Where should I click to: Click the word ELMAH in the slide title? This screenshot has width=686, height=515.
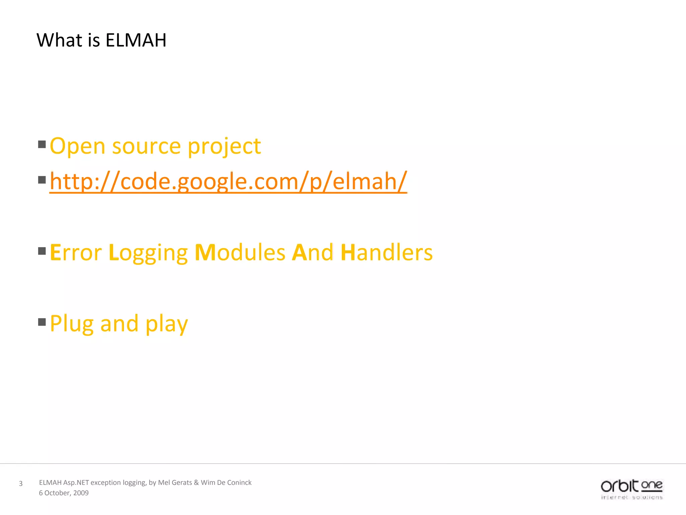(x=136, y=40)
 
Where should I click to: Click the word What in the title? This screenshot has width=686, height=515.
(x=59, y=40)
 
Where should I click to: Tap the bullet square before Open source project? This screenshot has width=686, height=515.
(x=42, y=145)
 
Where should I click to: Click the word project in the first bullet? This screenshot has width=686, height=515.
(x=224, y=147)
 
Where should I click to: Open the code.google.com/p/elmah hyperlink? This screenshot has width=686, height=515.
(x=228, y=181)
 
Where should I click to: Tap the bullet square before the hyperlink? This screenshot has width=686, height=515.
(x=42, y=180)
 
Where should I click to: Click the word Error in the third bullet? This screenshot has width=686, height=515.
(x=76, y=252)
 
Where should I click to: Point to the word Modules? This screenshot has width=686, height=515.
(x=240, y=252)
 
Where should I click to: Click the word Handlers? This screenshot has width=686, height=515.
(x=387, y=252)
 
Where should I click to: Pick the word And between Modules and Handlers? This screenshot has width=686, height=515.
(x=313, y=252)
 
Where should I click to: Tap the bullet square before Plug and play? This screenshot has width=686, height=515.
(x=42, y=322)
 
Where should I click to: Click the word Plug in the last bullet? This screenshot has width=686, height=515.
(x=71, y=324)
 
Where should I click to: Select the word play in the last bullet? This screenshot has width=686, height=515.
(x=166, y=324)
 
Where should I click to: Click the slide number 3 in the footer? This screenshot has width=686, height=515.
(x=21, y=483)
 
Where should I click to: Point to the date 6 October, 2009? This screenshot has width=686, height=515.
(x=64, y=493)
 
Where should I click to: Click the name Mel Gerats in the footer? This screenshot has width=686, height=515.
(x=175, y=482)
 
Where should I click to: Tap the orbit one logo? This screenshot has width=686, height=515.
(x=631, y=489)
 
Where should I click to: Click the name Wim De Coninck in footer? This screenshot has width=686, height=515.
(x=226, y=482)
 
